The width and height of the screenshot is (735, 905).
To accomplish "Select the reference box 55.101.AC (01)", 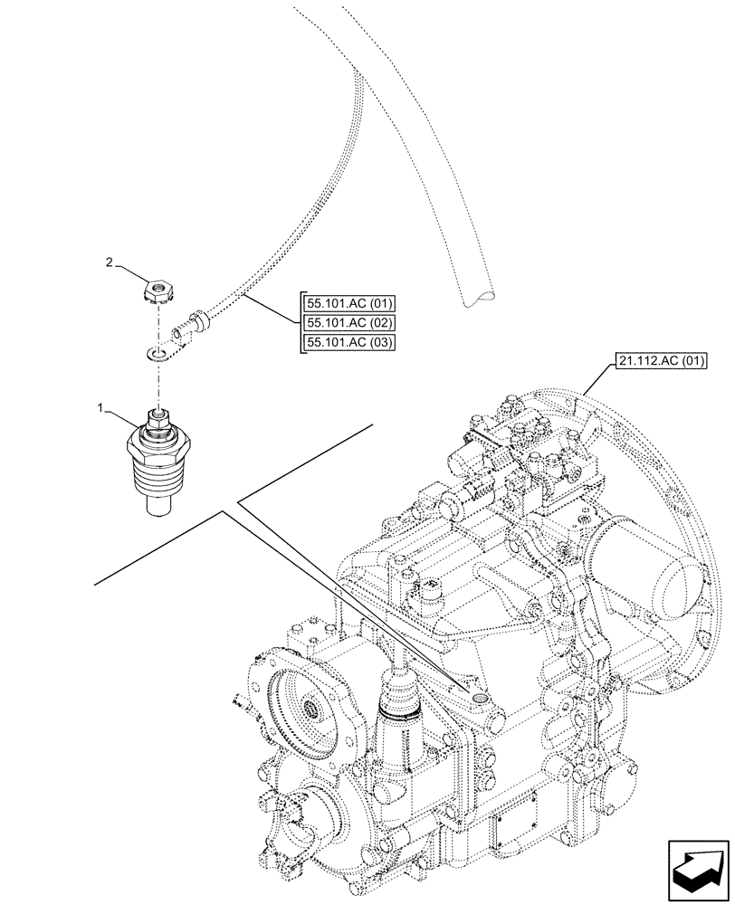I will pyautogui.click(x=345, y=304).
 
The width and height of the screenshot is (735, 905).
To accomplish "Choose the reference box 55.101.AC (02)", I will pyautogui.click(x=345, y=323).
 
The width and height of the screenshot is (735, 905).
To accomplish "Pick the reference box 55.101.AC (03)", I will pyautogui.click(x=345, y=342).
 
